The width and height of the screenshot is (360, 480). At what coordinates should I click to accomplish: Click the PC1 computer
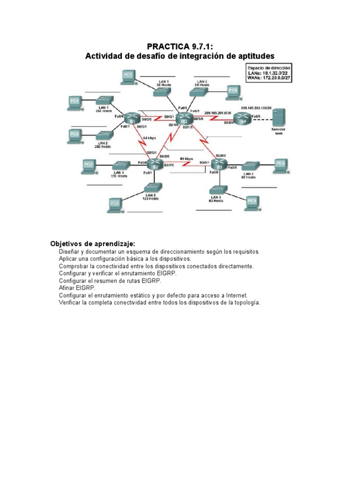click(x=75, y=102)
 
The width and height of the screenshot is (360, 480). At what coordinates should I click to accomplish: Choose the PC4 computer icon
click(x=115, y=203)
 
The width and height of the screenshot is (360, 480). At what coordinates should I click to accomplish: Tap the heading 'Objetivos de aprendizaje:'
click(x=93, y=244)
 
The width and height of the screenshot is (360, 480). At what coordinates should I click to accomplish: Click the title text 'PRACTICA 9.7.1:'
click(x=180, y=46)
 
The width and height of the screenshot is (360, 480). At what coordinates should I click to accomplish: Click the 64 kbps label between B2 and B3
click(x=186, y=159)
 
